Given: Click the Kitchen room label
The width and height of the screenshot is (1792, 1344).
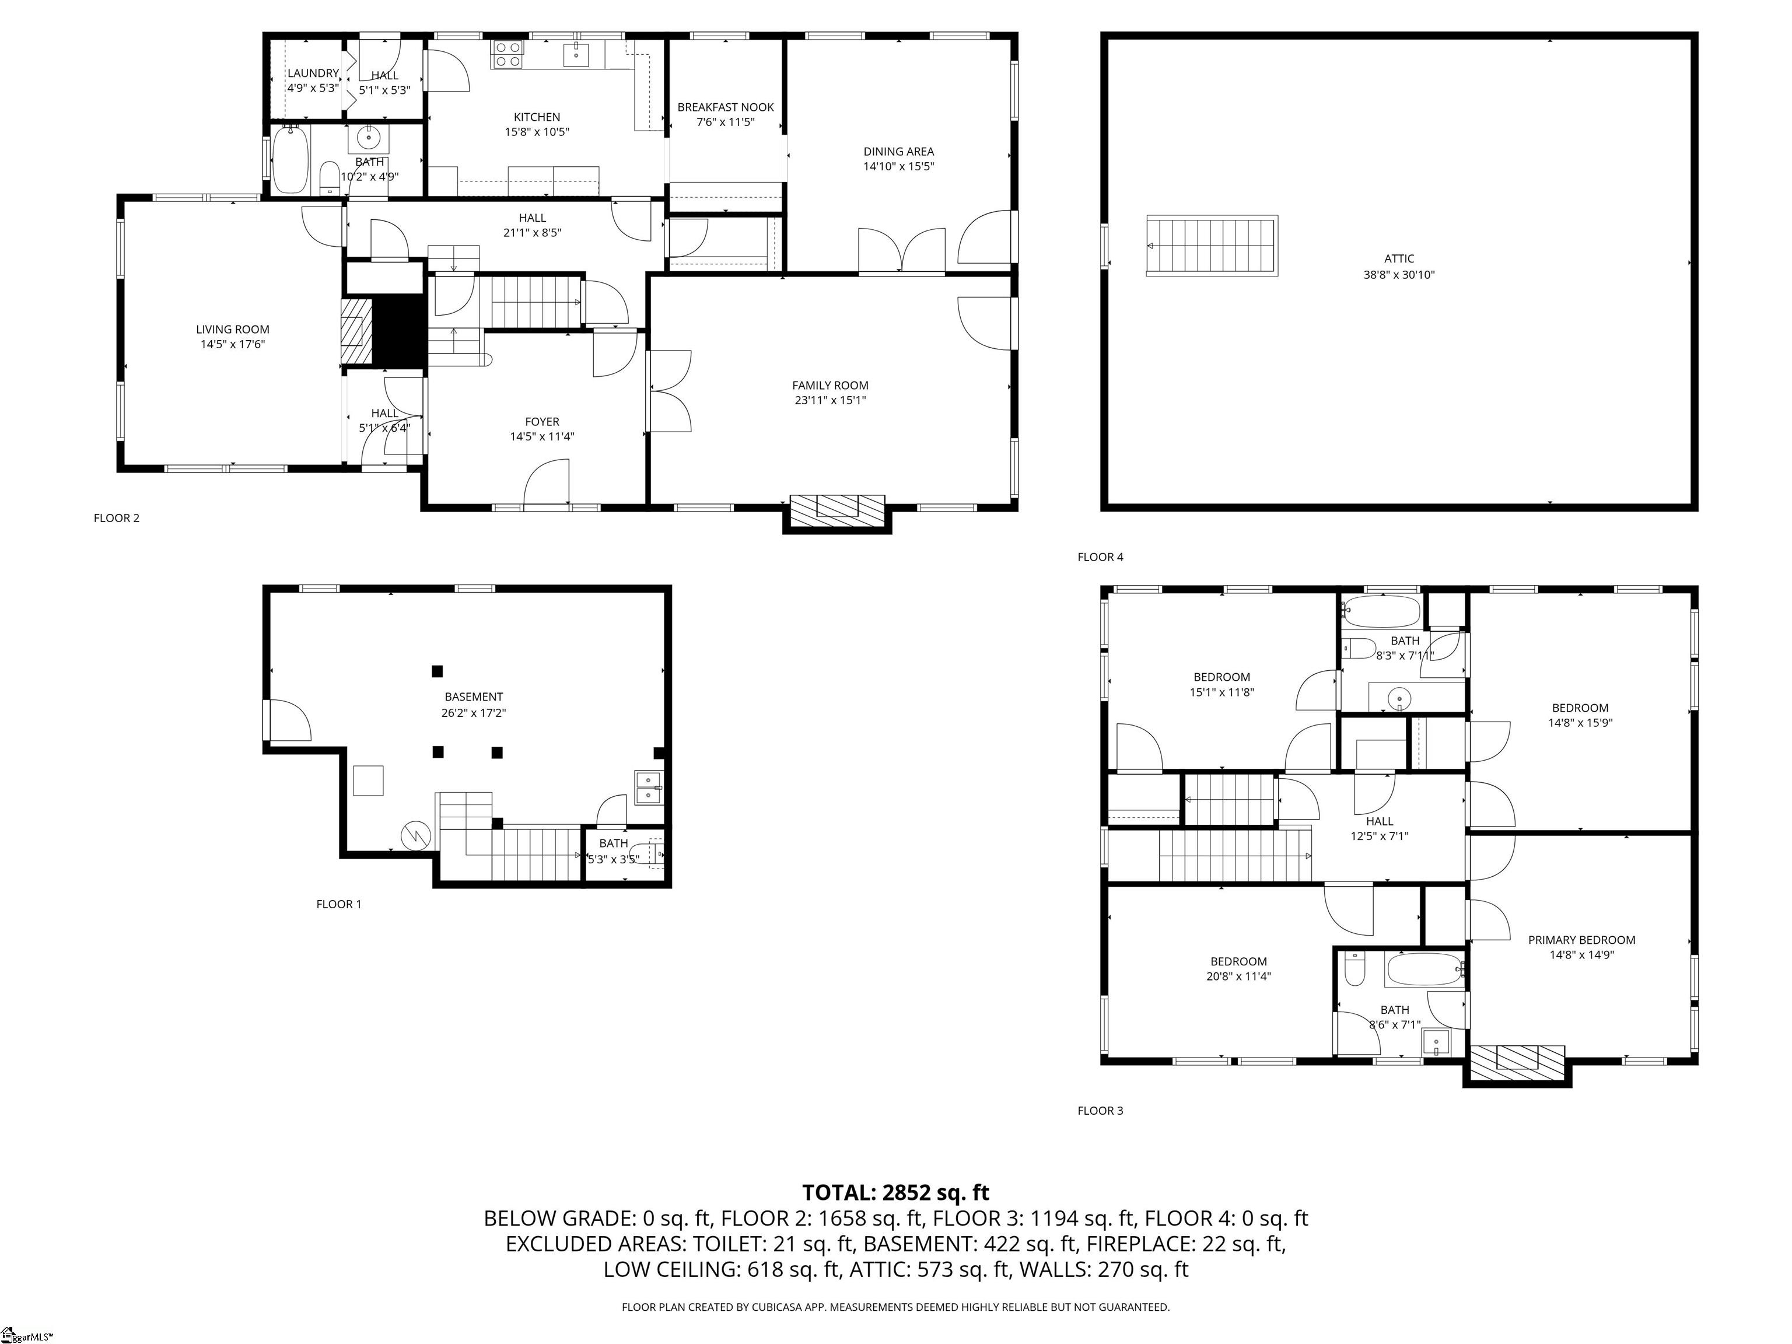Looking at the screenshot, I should (x=536, y=117).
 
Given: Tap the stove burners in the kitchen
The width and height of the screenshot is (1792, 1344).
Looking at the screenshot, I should (x=508, y=54).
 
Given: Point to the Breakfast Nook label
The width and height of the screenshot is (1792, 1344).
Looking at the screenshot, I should (x=725, y=107).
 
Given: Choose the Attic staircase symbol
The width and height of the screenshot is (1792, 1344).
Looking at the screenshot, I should (x=1211, y=246).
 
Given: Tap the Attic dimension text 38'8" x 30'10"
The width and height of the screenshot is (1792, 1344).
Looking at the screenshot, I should (x=1398, y=275).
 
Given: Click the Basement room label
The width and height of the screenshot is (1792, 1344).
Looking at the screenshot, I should (x=473, y=696).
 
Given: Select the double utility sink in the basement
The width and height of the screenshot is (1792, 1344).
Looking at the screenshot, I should (x=648, y=787).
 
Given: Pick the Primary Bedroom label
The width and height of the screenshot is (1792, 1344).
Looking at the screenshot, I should (x=1581, y=940).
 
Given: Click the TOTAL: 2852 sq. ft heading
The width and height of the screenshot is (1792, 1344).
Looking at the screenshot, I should (x=895, y=1192).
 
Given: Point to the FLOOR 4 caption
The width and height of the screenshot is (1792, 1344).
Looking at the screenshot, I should (x=1100, y=556).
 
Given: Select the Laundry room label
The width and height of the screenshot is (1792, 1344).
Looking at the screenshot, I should (x=313, y=73).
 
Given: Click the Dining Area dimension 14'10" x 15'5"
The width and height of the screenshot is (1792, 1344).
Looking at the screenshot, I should (x=898, y=167).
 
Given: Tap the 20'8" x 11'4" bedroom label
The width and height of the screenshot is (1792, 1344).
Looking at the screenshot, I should (x=1238, y=976).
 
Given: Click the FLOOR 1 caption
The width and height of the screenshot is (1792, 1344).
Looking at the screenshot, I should (x=339, y=904).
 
